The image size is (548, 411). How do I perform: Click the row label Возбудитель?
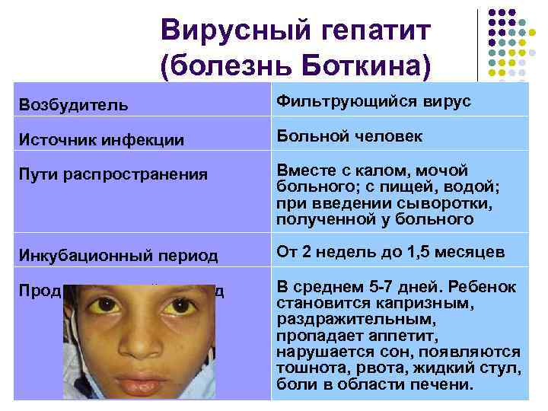coord(74,103)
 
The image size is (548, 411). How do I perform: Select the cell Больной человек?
coord(349,136)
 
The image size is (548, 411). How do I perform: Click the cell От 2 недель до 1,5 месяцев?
coord(390,252)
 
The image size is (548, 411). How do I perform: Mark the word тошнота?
coord(310,368)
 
